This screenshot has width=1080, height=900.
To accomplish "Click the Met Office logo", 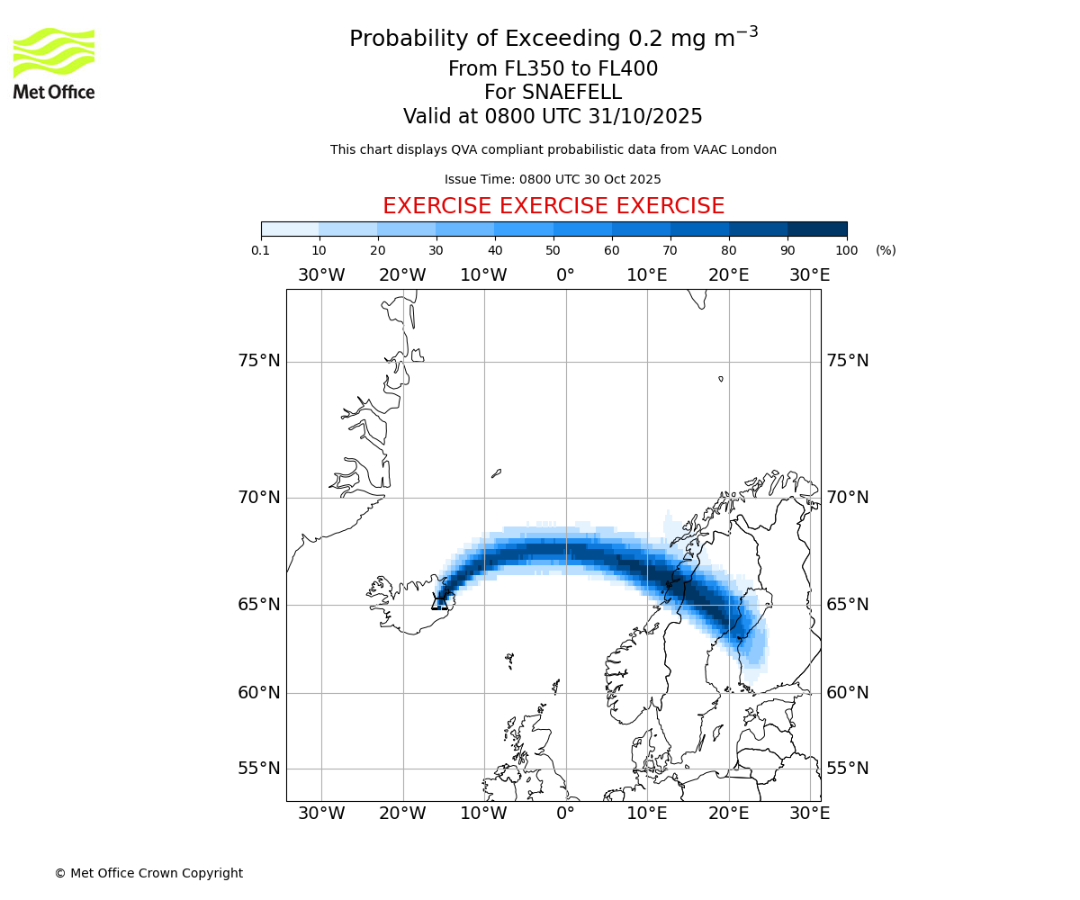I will click(x=54, y=63).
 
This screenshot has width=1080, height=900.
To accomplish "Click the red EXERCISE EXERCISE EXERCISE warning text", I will click(x=553, y=206).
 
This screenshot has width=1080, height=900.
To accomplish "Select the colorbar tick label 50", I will click(x=553, y=250).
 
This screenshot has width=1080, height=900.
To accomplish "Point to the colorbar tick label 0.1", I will click(x=261, y=250).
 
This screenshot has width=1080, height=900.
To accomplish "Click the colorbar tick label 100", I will click(x=847, y=250).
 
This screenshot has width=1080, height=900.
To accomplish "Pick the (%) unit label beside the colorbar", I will click(x=886, y=250).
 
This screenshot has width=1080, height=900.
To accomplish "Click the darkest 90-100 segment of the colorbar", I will click(x=817, y=229).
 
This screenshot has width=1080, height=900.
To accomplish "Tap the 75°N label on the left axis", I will click(x=259, y=361).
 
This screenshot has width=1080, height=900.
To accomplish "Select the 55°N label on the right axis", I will click(x=848, y=769).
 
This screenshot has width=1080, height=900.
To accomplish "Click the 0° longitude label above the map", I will click(x=565, y=275).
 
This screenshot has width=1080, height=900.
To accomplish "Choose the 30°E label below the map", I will click(x=810, y=814).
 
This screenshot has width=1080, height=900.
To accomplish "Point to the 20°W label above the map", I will click(x=402, y=275).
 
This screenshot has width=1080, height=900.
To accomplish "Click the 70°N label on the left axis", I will click(x=259, y=498).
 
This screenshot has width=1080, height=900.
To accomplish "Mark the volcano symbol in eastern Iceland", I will click(x=440, y=601).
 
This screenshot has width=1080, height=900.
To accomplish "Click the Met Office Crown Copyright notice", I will click(x=148, y=873).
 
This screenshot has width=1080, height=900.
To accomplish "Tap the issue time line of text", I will click(x=553, y=179).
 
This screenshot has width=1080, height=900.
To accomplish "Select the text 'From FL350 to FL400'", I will click(x=553, y=69).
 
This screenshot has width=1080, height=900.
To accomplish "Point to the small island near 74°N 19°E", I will click(x=721, y=379).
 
